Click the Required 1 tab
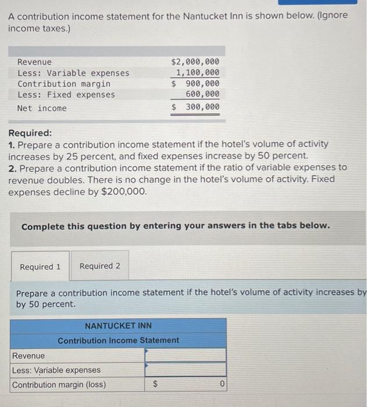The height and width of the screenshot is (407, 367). click(40, 266)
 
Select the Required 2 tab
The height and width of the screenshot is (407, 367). click(100, 266)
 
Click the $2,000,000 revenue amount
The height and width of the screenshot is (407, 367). click(195, 62)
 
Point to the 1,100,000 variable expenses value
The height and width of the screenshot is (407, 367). click(198, 73)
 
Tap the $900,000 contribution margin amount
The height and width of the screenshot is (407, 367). click(195, 84)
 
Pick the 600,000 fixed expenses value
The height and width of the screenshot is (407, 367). click(202, 94)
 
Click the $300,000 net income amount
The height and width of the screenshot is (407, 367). click(195, 107)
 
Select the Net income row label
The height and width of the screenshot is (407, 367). click(42, 108)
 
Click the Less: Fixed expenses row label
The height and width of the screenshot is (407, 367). click(66, 95)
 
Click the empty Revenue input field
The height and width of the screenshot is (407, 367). click(185, 355)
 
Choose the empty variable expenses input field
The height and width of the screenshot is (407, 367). click(185, 370)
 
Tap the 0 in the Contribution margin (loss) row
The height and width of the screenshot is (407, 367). click(222, 385)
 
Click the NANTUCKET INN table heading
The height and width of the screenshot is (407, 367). click(118, 326)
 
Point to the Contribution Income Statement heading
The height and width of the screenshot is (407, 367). click(118, 340)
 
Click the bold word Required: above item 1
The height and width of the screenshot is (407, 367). click(30, 133)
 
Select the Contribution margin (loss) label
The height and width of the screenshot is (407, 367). click(59, 385)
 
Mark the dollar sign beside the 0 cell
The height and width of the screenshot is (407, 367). click(155, 385)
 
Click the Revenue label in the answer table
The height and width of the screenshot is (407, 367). click(28, 355)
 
